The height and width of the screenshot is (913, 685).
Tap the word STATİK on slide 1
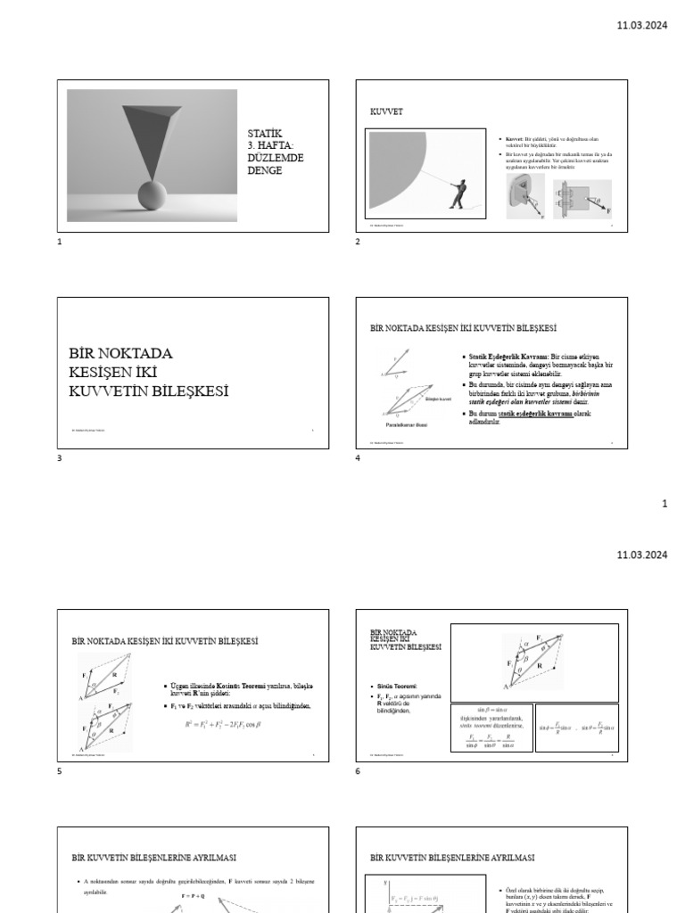click(264, 134)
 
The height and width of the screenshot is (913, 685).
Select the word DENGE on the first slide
click(265, 170)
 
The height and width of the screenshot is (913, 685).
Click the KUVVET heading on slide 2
click(387, 113)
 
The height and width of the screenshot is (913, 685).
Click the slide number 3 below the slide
click(60, 459)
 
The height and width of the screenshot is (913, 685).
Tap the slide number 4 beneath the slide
click(358, 459)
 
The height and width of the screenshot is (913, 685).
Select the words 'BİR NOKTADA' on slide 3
click(121, 353)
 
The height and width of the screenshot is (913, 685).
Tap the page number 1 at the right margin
click(664, 505)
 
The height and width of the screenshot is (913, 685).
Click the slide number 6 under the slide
click(358, 770)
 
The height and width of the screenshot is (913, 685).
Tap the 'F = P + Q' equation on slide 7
click(194, 893)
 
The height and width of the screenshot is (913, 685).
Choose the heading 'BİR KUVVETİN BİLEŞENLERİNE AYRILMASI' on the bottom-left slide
click(153, 858)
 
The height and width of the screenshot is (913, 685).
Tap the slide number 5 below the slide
click(60, 770)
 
